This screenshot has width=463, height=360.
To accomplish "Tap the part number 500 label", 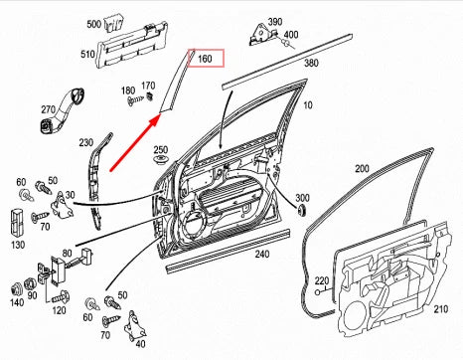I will point(93,23).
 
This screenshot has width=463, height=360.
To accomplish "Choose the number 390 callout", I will point(274,21).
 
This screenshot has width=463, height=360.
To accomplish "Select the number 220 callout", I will point(320,281).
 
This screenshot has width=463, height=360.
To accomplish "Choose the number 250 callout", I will point(161,149).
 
